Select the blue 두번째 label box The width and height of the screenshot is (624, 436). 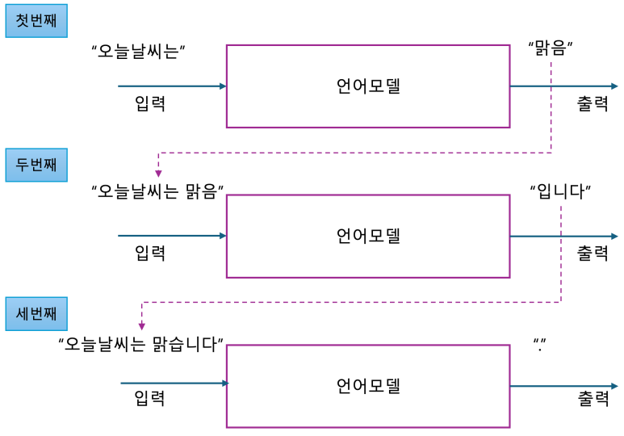coord(36,166)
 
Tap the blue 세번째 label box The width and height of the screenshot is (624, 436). coord(36,313)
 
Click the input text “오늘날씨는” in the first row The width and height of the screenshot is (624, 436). coord(140,51)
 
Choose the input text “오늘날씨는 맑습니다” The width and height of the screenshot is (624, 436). coord(141,344)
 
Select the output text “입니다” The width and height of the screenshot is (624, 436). coord(560,192)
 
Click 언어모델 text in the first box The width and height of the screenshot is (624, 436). coord(368,86)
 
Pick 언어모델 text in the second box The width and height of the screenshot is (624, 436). coord(368,237)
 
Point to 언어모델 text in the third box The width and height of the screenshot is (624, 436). coord(368,386)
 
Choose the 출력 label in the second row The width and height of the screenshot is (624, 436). coord(592,254)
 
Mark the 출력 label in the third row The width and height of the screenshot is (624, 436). coord(593,399)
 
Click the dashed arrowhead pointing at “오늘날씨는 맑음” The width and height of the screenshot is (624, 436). coord(158,173)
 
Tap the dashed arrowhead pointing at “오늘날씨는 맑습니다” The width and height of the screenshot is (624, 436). coord(142,325)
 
